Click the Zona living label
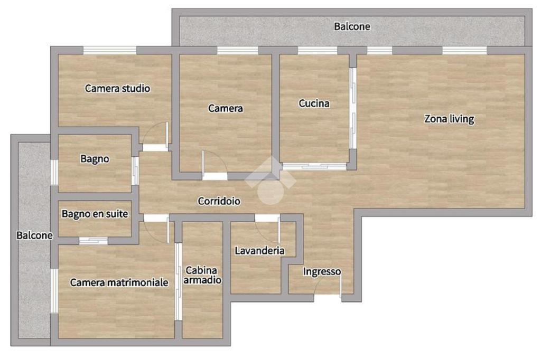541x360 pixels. (x=449, y=119)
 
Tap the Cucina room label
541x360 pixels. (x=314, y=103)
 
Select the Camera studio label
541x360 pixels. (x=117, y=88)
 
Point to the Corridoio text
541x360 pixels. (x=219, y=201)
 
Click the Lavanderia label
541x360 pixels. (x=259, y=250)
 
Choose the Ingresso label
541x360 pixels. (x=322, y=272)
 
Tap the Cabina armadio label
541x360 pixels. (x=202, y=275)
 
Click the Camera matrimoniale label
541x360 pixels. (x=119, y=282)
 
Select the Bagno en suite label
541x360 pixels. (x=95, y=214)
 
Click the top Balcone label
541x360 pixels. (x=352, y=26)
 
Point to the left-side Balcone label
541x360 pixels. (x=34, y=235)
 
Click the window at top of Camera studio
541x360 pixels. (x=110, y=50)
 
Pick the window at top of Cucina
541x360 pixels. (x=318, y=50)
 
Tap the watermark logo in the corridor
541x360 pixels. (x=270, y=179)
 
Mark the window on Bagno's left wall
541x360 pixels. (x=54, y=172)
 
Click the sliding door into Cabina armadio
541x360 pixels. (x=178, y=282)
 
